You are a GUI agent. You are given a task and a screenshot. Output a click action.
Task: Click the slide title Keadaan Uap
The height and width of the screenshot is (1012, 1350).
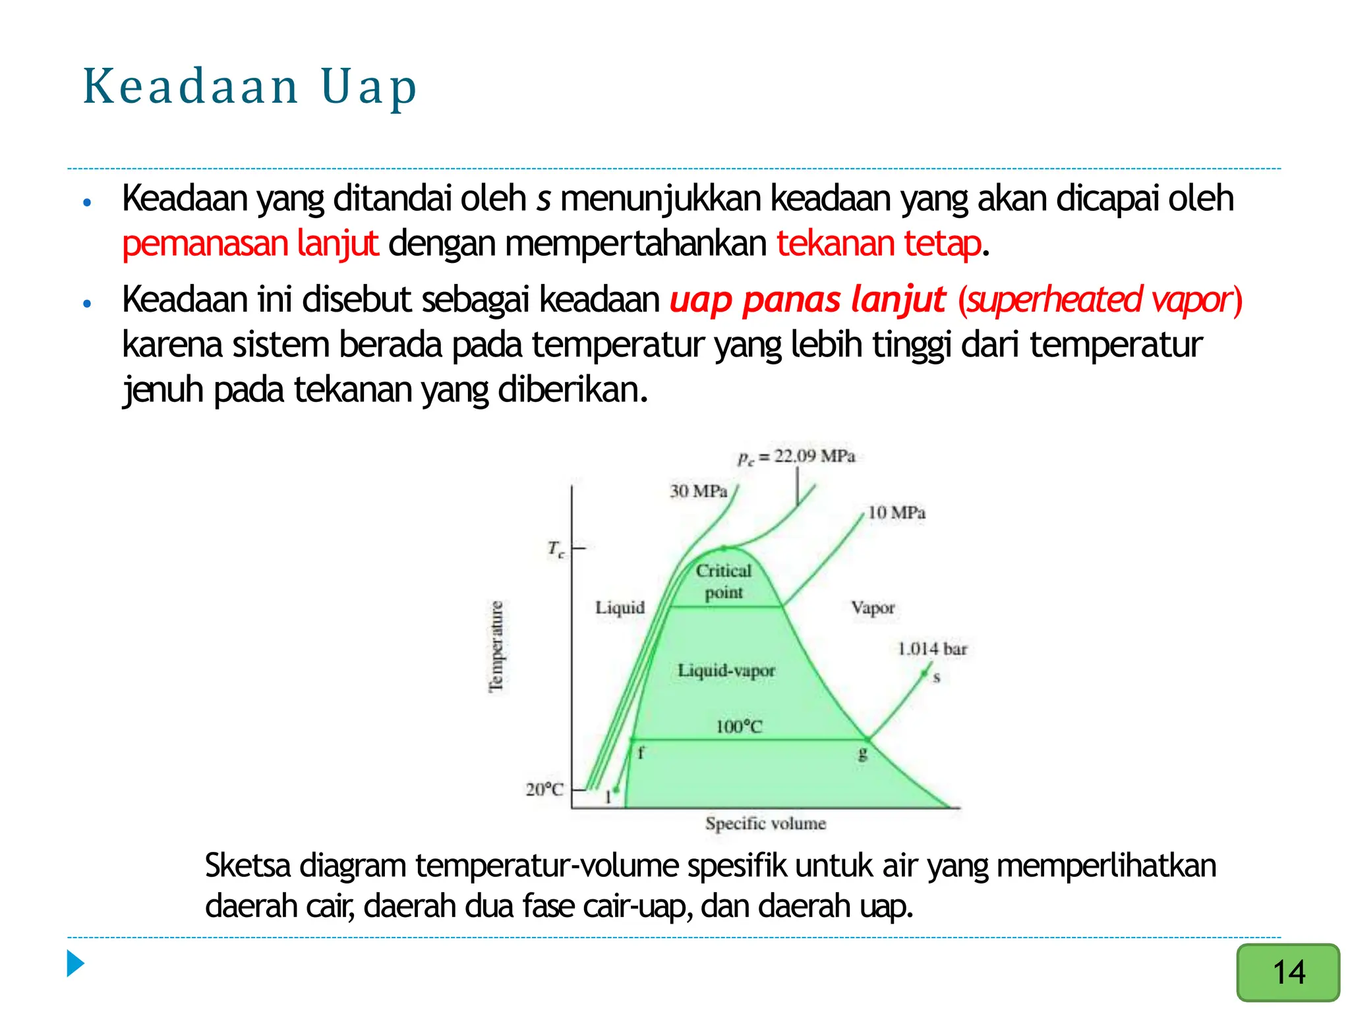[250, 87]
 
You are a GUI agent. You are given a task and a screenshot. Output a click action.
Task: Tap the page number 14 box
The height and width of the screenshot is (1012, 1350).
[1287, 972]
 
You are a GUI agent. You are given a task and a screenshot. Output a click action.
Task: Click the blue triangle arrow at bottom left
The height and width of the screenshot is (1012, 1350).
[76, 964]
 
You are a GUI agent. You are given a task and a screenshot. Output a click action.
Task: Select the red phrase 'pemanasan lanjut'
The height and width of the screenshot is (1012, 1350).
[250, 244]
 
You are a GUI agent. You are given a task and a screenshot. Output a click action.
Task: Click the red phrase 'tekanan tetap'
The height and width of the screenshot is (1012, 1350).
[879, 244]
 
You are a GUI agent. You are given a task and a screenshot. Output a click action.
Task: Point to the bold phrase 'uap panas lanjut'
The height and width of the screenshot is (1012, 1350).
[807, 300]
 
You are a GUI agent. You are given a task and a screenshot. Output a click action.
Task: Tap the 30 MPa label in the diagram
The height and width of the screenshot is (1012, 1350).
[698, 492]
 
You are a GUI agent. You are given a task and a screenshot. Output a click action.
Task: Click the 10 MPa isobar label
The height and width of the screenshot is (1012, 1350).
[896, 513]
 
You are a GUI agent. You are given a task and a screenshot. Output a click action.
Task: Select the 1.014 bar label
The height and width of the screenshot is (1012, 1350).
[932, 649]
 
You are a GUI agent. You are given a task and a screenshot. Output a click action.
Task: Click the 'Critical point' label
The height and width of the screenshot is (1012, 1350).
[724, 581]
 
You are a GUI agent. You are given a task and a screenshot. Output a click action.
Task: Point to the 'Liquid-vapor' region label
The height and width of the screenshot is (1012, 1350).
[726, 671]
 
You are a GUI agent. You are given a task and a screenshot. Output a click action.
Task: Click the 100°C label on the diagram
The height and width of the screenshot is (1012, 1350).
[739, 727]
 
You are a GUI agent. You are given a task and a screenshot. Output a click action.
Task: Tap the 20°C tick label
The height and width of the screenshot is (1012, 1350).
[544, 789]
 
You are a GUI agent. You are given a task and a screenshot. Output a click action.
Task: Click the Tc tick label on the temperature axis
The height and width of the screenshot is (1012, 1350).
[556, 548]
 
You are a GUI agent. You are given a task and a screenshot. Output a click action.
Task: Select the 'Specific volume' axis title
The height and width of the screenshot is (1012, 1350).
[765, 824]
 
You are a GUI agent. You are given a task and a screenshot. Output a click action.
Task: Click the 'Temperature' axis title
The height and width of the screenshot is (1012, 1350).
[496, 646]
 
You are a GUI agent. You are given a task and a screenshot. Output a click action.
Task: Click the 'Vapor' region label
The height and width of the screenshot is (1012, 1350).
[873, 607]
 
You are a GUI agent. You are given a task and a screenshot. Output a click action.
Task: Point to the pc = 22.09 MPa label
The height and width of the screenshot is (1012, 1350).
[796, 457]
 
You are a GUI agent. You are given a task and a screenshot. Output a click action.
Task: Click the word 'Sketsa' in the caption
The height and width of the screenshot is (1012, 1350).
[247, 866]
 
